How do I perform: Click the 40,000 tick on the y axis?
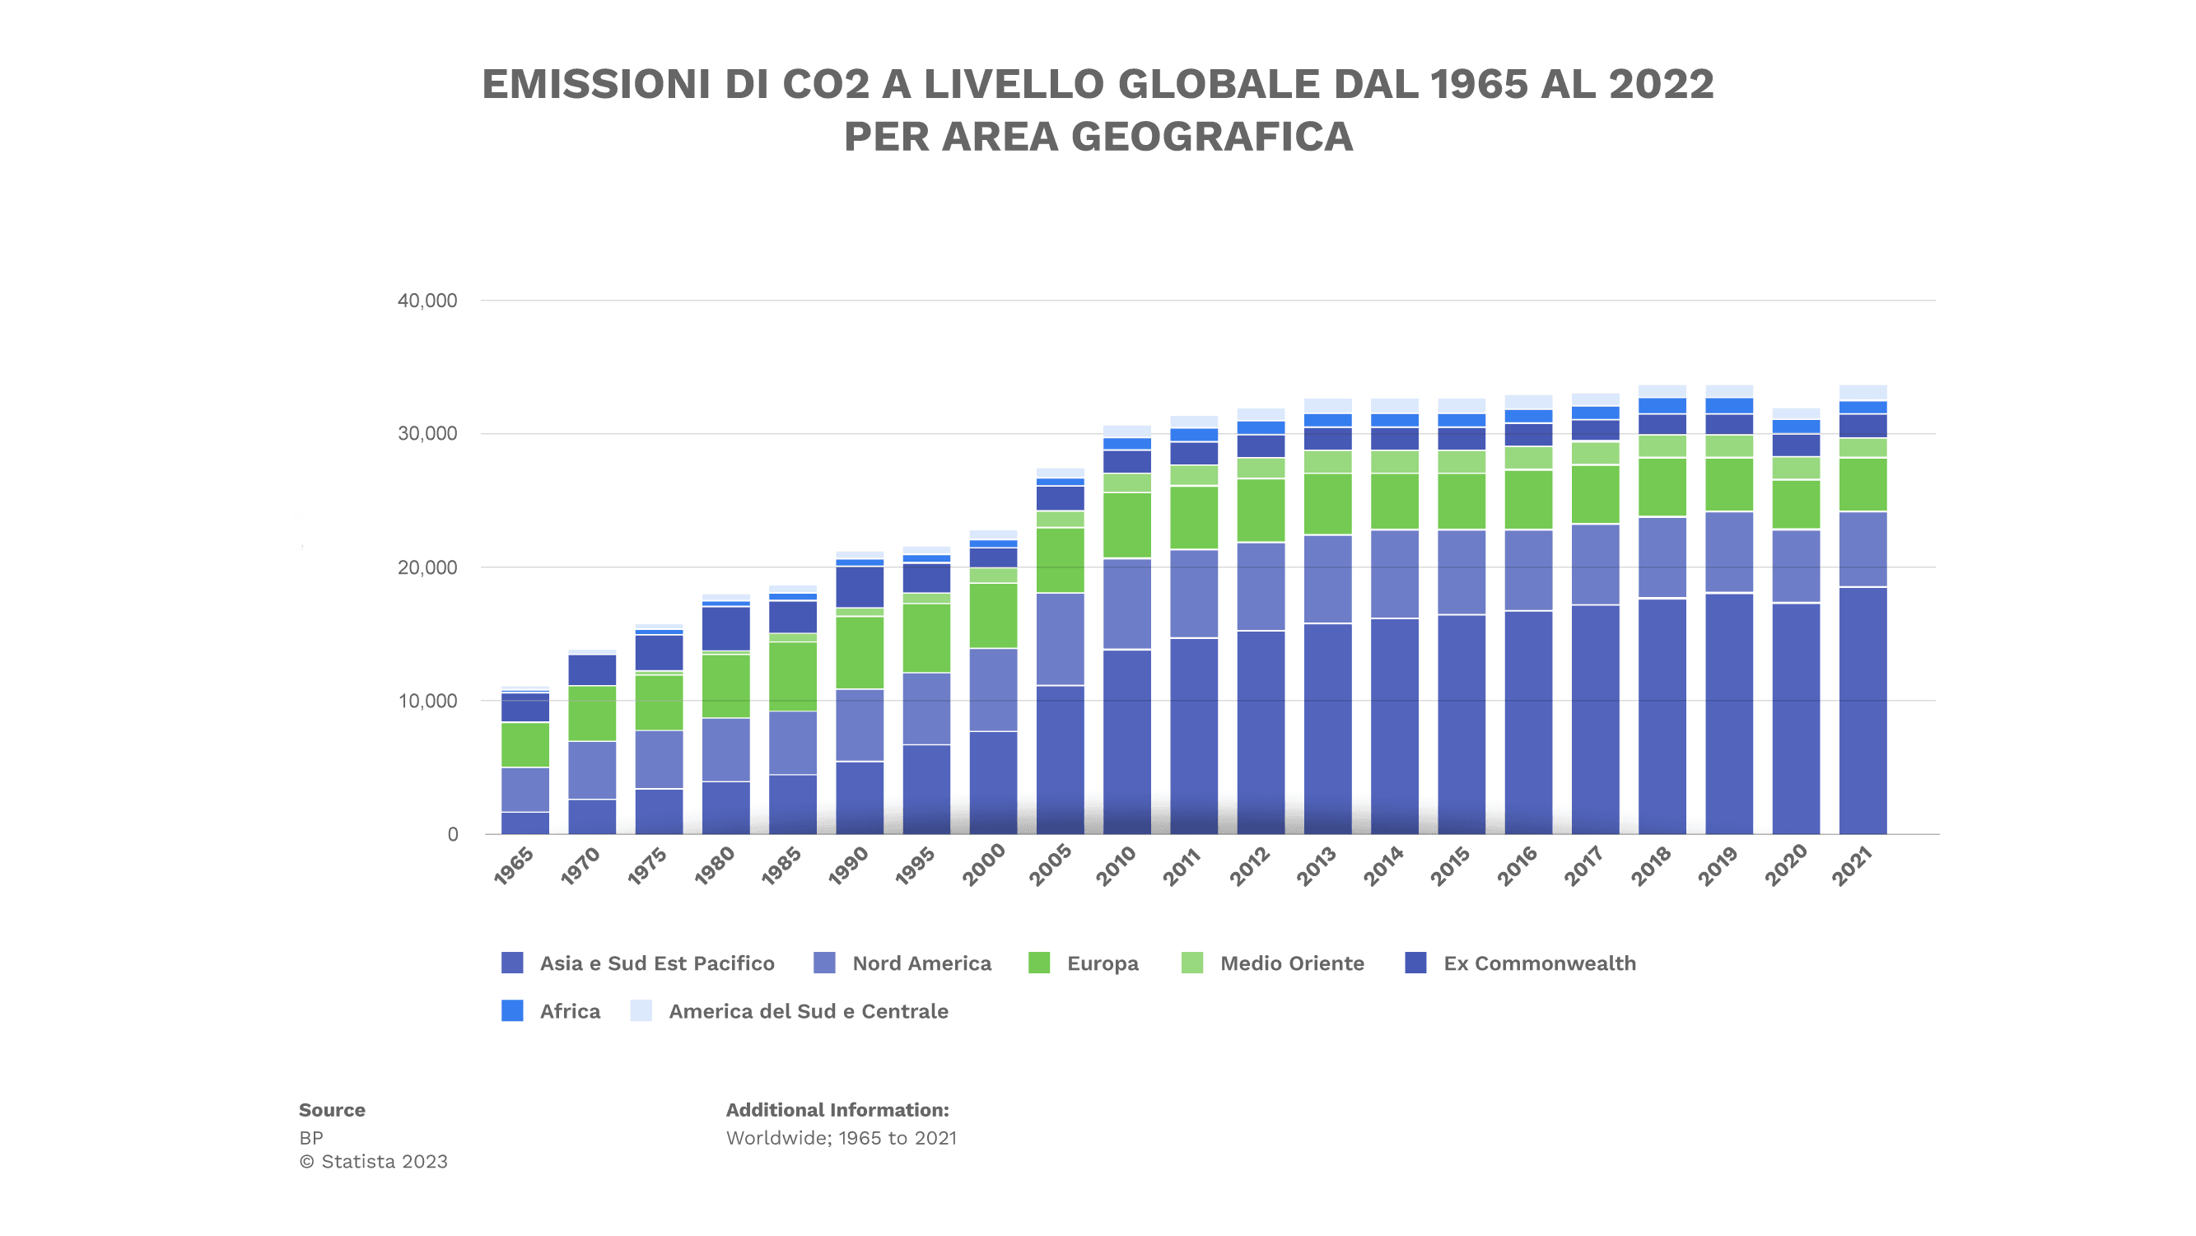point(427,300)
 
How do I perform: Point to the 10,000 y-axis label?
point(427,701)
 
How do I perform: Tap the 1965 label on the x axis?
point(514,865)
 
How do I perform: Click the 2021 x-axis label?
point(1853,865)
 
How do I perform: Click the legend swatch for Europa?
point(1038,963)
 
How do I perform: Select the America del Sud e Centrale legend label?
point(807,1011)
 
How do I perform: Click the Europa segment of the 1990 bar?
point(860,652)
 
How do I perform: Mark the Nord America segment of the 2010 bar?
point(1126,604)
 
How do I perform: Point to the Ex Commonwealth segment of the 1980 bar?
point(725,628)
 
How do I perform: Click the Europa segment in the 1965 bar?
point(525,744)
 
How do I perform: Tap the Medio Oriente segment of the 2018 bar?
point(1662,446)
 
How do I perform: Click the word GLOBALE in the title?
point(1218,84)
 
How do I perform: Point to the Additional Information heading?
point(837,1110)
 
